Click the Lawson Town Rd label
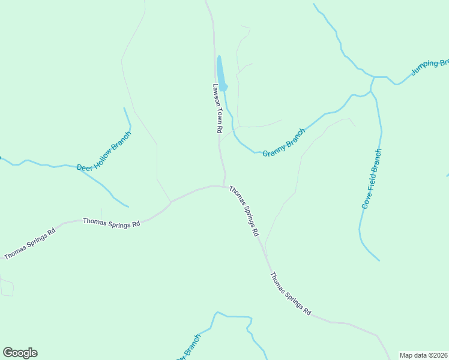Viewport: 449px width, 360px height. [x=217, y=108]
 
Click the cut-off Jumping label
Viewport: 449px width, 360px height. [x=429, y=67]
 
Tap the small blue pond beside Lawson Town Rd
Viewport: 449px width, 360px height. [x=221, y=74]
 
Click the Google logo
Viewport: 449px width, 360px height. [x=20, y=353]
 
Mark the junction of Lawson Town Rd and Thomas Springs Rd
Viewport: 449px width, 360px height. [x=224, y=186]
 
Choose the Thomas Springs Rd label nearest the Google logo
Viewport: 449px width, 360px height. [x=29, y=244]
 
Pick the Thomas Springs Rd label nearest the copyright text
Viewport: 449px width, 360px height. [x=291, y=294]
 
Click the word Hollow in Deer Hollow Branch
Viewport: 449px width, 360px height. [x=104, y=150]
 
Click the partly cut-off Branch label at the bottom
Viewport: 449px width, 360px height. [x=188, y=352]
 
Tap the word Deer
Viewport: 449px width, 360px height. [x=85, y=165]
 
